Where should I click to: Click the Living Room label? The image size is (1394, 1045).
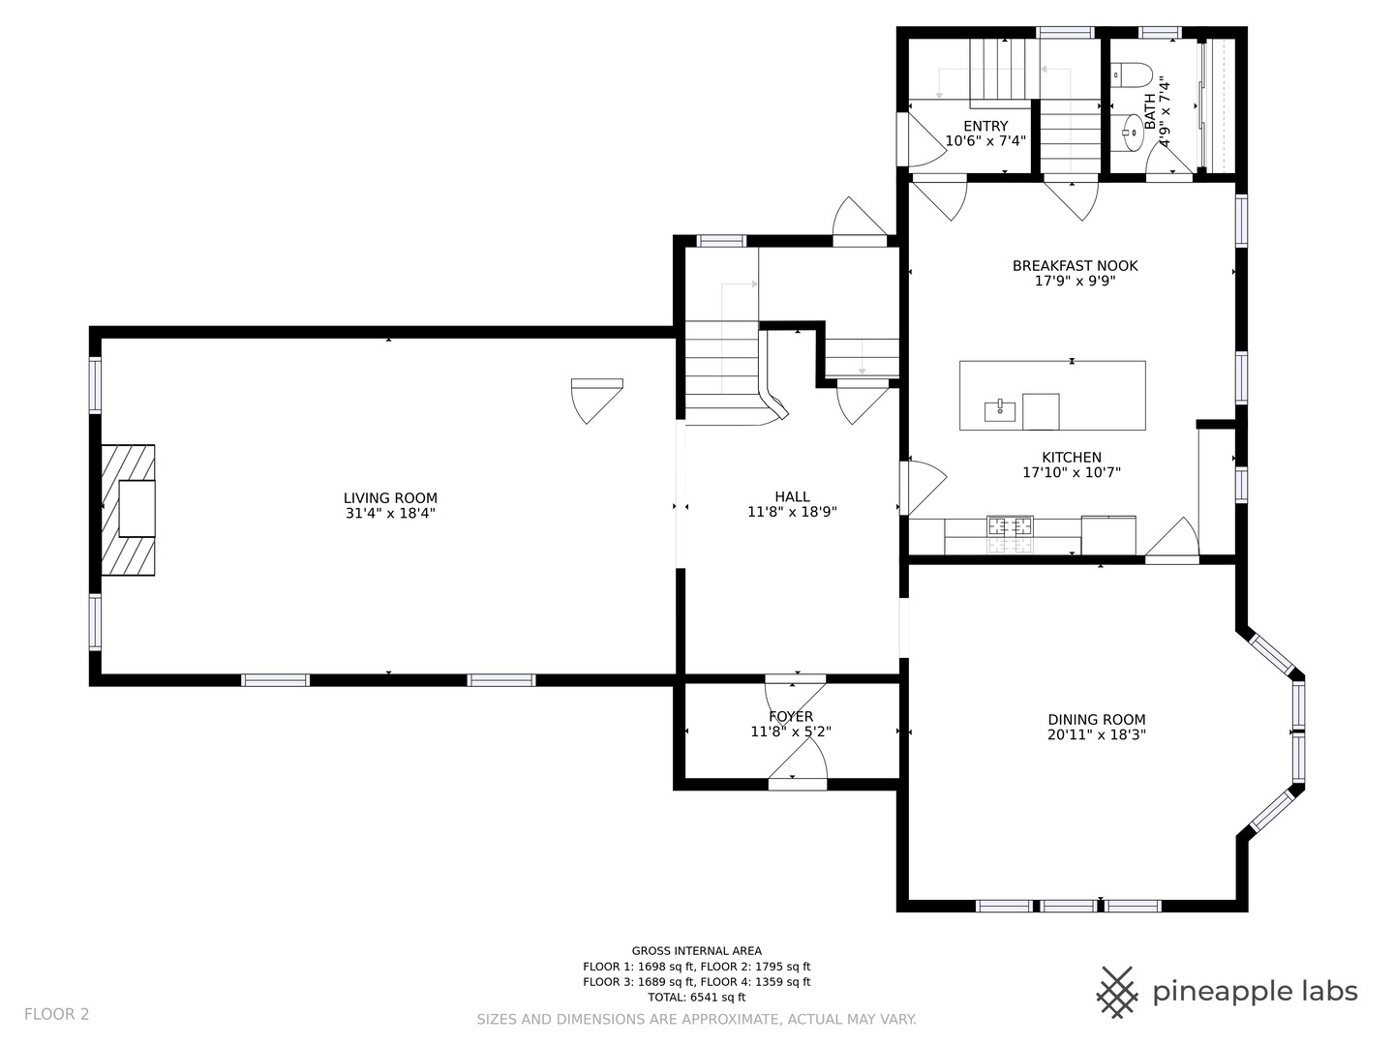click(x=390, y=498)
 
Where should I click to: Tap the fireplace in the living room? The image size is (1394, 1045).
click(x=129, y=510)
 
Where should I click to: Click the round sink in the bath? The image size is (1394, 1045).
click(x=1133, y=133)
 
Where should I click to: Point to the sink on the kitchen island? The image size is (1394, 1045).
click(x=1000, y=410)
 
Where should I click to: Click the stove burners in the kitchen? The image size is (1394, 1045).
click(x=1010, y=534)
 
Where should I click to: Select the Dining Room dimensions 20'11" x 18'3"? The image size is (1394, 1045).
click(x=1097, y=734)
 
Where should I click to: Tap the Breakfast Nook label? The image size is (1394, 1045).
click(x=1076, y=266)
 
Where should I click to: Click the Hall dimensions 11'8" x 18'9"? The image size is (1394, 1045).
click(x=792, y=512)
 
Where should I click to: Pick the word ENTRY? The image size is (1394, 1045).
click(x=985, y=126)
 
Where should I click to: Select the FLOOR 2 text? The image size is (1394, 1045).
click(x=56, y=1015)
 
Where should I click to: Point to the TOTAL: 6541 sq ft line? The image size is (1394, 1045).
click(x=697, y=997)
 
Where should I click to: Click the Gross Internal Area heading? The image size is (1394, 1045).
click(x=697, y=951)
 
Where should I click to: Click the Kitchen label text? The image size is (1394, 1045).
click(x=1072, y=457)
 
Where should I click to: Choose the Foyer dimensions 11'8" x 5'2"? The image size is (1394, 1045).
click(x=791, y=731)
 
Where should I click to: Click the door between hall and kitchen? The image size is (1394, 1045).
click(x=923, y=488)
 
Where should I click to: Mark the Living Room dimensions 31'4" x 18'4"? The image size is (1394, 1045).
click(x=390, y=513)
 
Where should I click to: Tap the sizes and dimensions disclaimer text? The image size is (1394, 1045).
click(x=697, y=1020)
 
